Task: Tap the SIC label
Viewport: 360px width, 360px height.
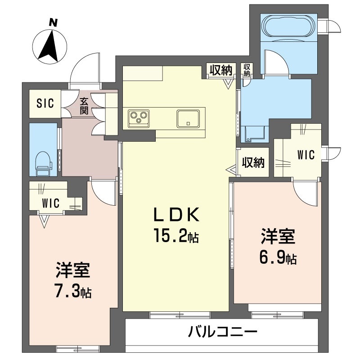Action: [45, 103]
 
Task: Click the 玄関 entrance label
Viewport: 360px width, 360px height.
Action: [84, 106]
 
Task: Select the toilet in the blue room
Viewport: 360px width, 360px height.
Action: [44, 164]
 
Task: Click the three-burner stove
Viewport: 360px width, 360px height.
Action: [139, 118]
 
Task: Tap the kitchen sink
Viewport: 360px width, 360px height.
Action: [188, 118]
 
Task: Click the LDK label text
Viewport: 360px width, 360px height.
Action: [176, 215]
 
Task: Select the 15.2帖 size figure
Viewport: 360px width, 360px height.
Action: [176, 235]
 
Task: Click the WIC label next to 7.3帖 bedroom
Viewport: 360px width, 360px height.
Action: [51, 203]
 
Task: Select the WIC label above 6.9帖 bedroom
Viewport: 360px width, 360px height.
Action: [306, 155]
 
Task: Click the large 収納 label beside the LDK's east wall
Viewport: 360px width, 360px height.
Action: [253, 163]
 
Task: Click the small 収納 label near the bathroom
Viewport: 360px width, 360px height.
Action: [247, 70]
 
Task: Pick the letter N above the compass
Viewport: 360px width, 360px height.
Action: [53, 23]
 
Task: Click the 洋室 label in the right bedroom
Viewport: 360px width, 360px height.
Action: [278, 237]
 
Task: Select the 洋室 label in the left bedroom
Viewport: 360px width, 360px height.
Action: [73, 270]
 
